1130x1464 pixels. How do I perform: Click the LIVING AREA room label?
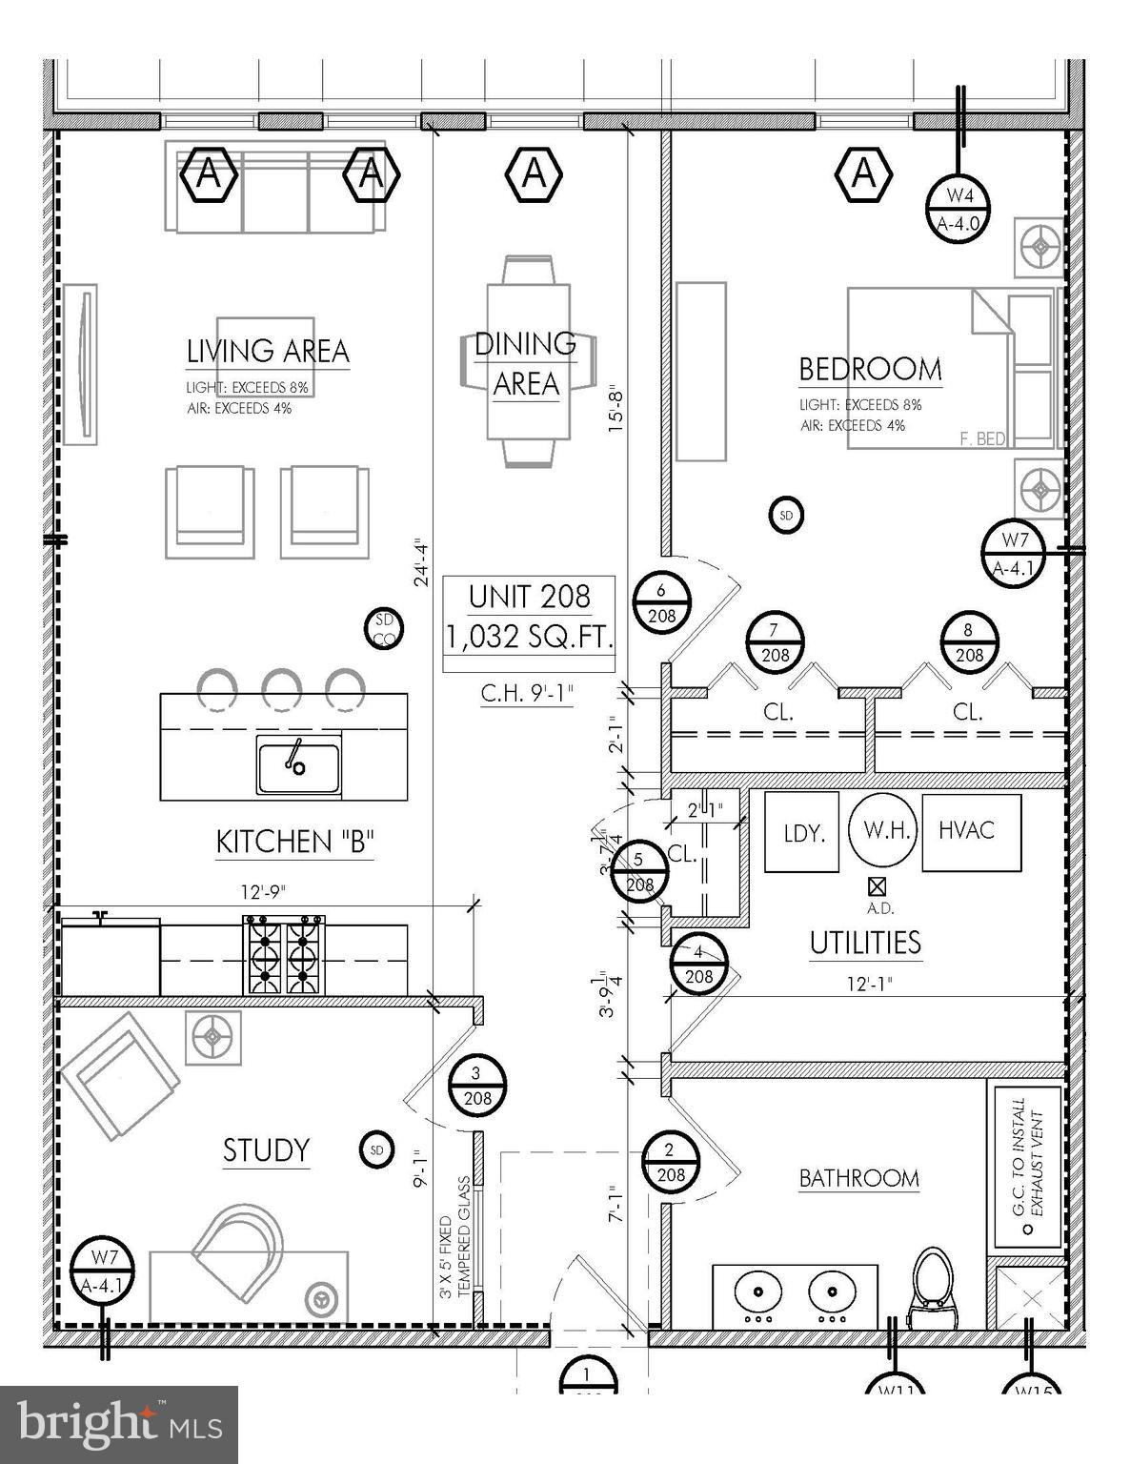pyautogui.click(x=268, y=351)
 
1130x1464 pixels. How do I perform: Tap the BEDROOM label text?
pyautogui.click(x=870, y=369)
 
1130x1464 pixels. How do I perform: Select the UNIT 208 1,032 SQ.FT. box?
pyautogui.click(x=530, y=617)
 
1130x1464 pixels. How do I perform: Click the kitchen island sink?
pyautogui.click(x=298, y=764)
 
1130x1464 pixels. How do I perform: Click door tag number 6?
pyautogui.click(x=661, y=602)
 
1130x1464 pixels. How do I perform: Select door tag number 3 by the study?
pyautogui.click(x=477, y=1086)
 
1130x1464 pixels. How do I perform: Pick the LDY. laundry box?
pyautogui.click(x=802, y=832)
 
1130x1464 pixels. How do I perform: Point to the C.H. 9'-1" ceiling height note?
pyautogui.click(x=527, y=694)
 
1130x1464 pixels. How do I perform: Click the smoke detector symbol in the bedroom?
pyautogui.click(x=786, y=516)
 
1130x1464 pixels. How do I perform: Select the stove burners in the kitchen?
pyautogui.click(x=284, y=954)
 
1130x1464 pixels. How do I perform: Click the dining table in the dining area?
pyautogui.click(x=528, y=360)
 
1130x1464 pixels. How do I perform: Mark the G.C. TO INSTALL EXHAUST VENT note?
pyautogui.click(x=1026, y=1165)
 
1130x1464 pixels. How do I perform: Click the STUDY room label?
pyautogui.click(x=266, y=1150)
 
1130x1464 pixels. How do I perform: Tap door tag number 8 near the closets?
pyautogui.click(x=969, y=641)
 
